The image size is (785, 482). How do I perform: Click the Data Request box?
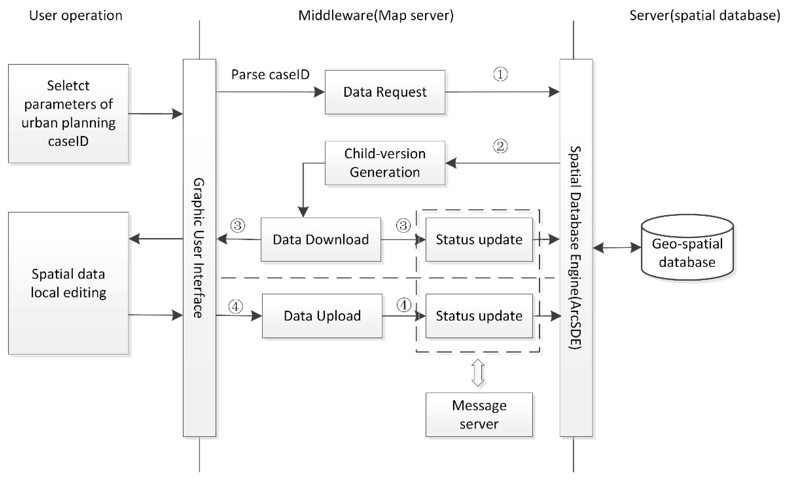coord(385,92)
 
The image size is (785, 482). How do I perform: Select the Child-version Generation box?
coord(385,163)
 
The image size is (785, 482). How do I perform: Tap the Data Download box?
coord(321,239)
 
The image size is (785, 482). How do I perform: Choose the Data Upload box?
coord(322,316)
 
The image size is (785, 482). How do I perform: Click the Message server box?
coord(479,415)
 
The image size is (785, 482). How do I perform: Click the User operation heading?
coord(76,16)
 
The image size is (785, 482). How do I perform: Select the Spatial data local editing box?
coord(68,283)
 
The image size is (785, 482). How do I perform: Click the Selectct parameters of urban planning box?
coord(68,114)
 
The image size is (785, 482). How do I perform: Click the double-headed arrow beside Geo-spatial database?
coord(617,247)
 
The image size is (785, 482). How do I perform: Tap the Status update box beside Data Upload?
coord(479,316)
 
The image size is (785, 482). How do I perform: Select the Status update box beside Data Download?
coord(479,239)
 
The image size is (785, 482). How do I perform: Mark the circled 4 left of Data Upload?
coord(236,307)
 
